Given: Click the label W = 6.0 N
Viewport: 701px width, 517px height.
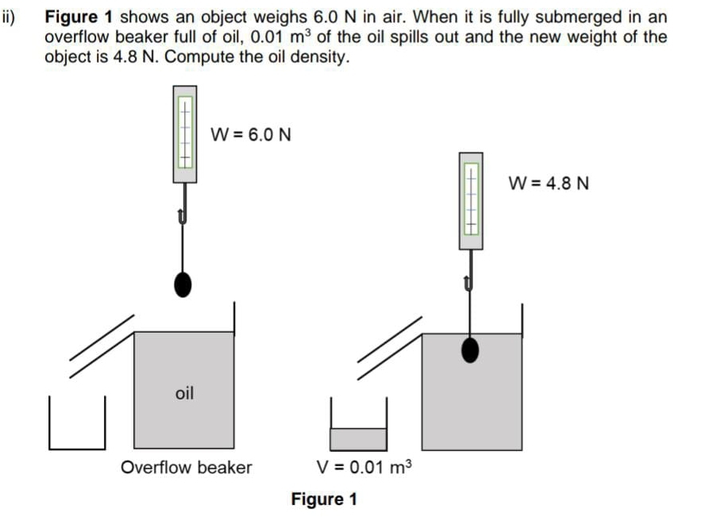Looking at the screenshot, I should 250,134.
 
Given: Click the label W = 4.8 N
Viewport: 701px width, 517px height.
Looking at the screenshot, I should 549,184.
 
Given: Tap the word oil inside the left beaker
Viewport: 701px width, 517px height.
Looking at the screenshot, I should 184,392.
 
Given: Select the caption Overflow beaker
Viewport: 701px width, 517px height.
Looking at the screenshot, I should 186,467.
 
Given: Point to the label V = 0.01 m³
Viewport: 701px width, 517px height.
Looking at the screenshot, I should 364,467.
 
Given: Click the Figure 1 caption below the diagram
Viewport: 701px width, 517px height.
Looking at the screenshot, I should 324,500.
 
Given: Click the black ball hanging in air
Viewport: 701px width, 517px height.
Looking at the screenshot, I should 183,284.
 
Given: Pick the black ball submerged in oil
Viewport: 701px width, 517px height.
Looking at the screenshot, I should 471,349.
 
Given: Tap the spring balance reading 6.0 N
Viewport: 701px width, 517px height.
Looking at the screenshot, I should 184,133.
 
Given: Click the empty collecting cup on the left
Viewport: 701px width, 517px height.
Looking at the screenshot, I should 77,425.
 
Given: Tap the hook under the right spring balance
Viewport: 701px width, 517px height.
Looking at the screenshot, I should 470,280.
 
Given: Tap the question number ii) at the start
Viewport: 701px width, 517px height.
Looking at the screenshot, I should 9,16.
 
